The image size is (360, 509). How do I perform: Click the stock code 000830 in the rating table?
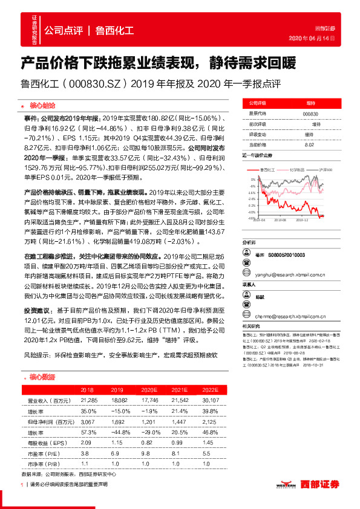pyautogui.click(x=310, y=114)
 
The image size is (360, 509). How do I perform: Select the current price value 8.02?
pyautogui.click(x=310, y=144)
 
